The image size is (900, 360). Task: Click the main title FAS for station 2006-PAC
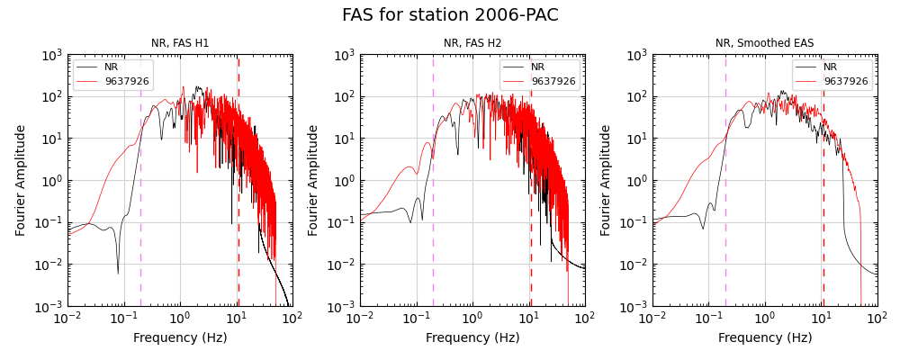(x=450, y=15)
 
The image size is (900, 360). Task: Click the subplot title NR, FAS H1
(x=180, y=43)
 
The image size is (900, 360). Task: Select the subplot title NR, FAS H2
(x=472, y=43)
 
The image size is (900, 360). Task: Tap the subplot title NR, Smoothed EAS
(x=765, y=43)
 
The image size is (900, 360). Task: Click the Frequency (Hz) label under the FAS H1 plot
(x=180, y=338)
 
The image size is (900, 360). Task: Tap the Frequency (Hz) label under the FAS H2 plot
(x=472, y=338)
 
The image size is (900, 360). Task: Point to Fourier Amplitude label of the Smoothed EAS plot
(x=607, y=180)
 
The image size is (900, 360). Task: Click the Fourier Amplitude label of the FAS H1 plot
(x=22, y=180)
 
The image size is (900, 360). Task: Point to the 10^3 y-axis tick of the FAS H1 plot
(x=50, y=55)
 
